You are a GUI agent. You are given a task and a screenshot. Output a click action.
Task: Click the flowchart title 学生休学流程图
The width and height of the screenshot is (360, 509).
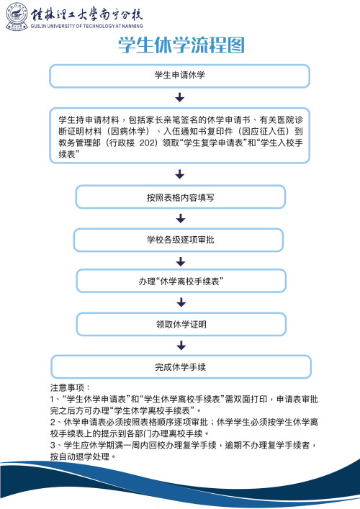[x=180, y=45]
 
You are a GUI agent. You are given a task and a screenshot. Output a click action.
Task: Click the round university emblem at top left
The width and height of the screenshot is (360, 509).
[x=15, y=16]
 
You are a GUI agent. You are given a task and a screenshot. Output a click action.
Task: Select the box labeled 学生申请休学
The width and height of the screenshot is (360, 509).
[x=180, y=76]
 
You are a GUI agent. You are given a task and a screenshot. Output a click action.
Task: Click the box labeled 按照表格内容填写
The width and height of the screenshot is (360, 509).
[x=180, y=197]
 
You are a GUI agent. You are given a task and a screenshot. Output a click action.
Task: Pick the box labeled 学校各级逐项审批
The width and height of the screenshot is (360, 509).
[x=180, y=240]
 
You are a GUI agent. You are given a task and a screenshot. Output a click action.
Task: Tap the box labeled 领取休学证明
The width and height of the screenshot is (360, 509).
[x=180, y=325]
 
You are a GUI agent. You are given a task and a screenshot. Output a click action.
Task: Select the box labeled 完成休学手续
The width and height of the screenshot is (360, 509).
[x=180, y=366]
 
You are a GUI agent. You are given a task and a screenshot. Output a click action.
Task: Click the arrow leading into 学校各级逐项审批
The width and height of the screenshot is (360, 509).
[x=180, y=218]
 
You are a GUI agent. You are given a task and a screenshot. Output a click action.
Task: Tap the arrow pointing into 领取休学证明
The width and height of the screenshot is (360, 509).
[x=180, y=303]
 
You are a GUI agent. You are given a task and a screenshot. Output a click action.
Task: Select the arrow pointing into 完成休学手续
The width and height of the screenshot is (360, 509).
[x=180, y=346]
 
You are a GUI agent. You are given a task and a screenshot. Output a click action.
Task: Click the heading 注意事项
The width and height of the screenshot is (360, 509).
[x=68, y=387]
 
